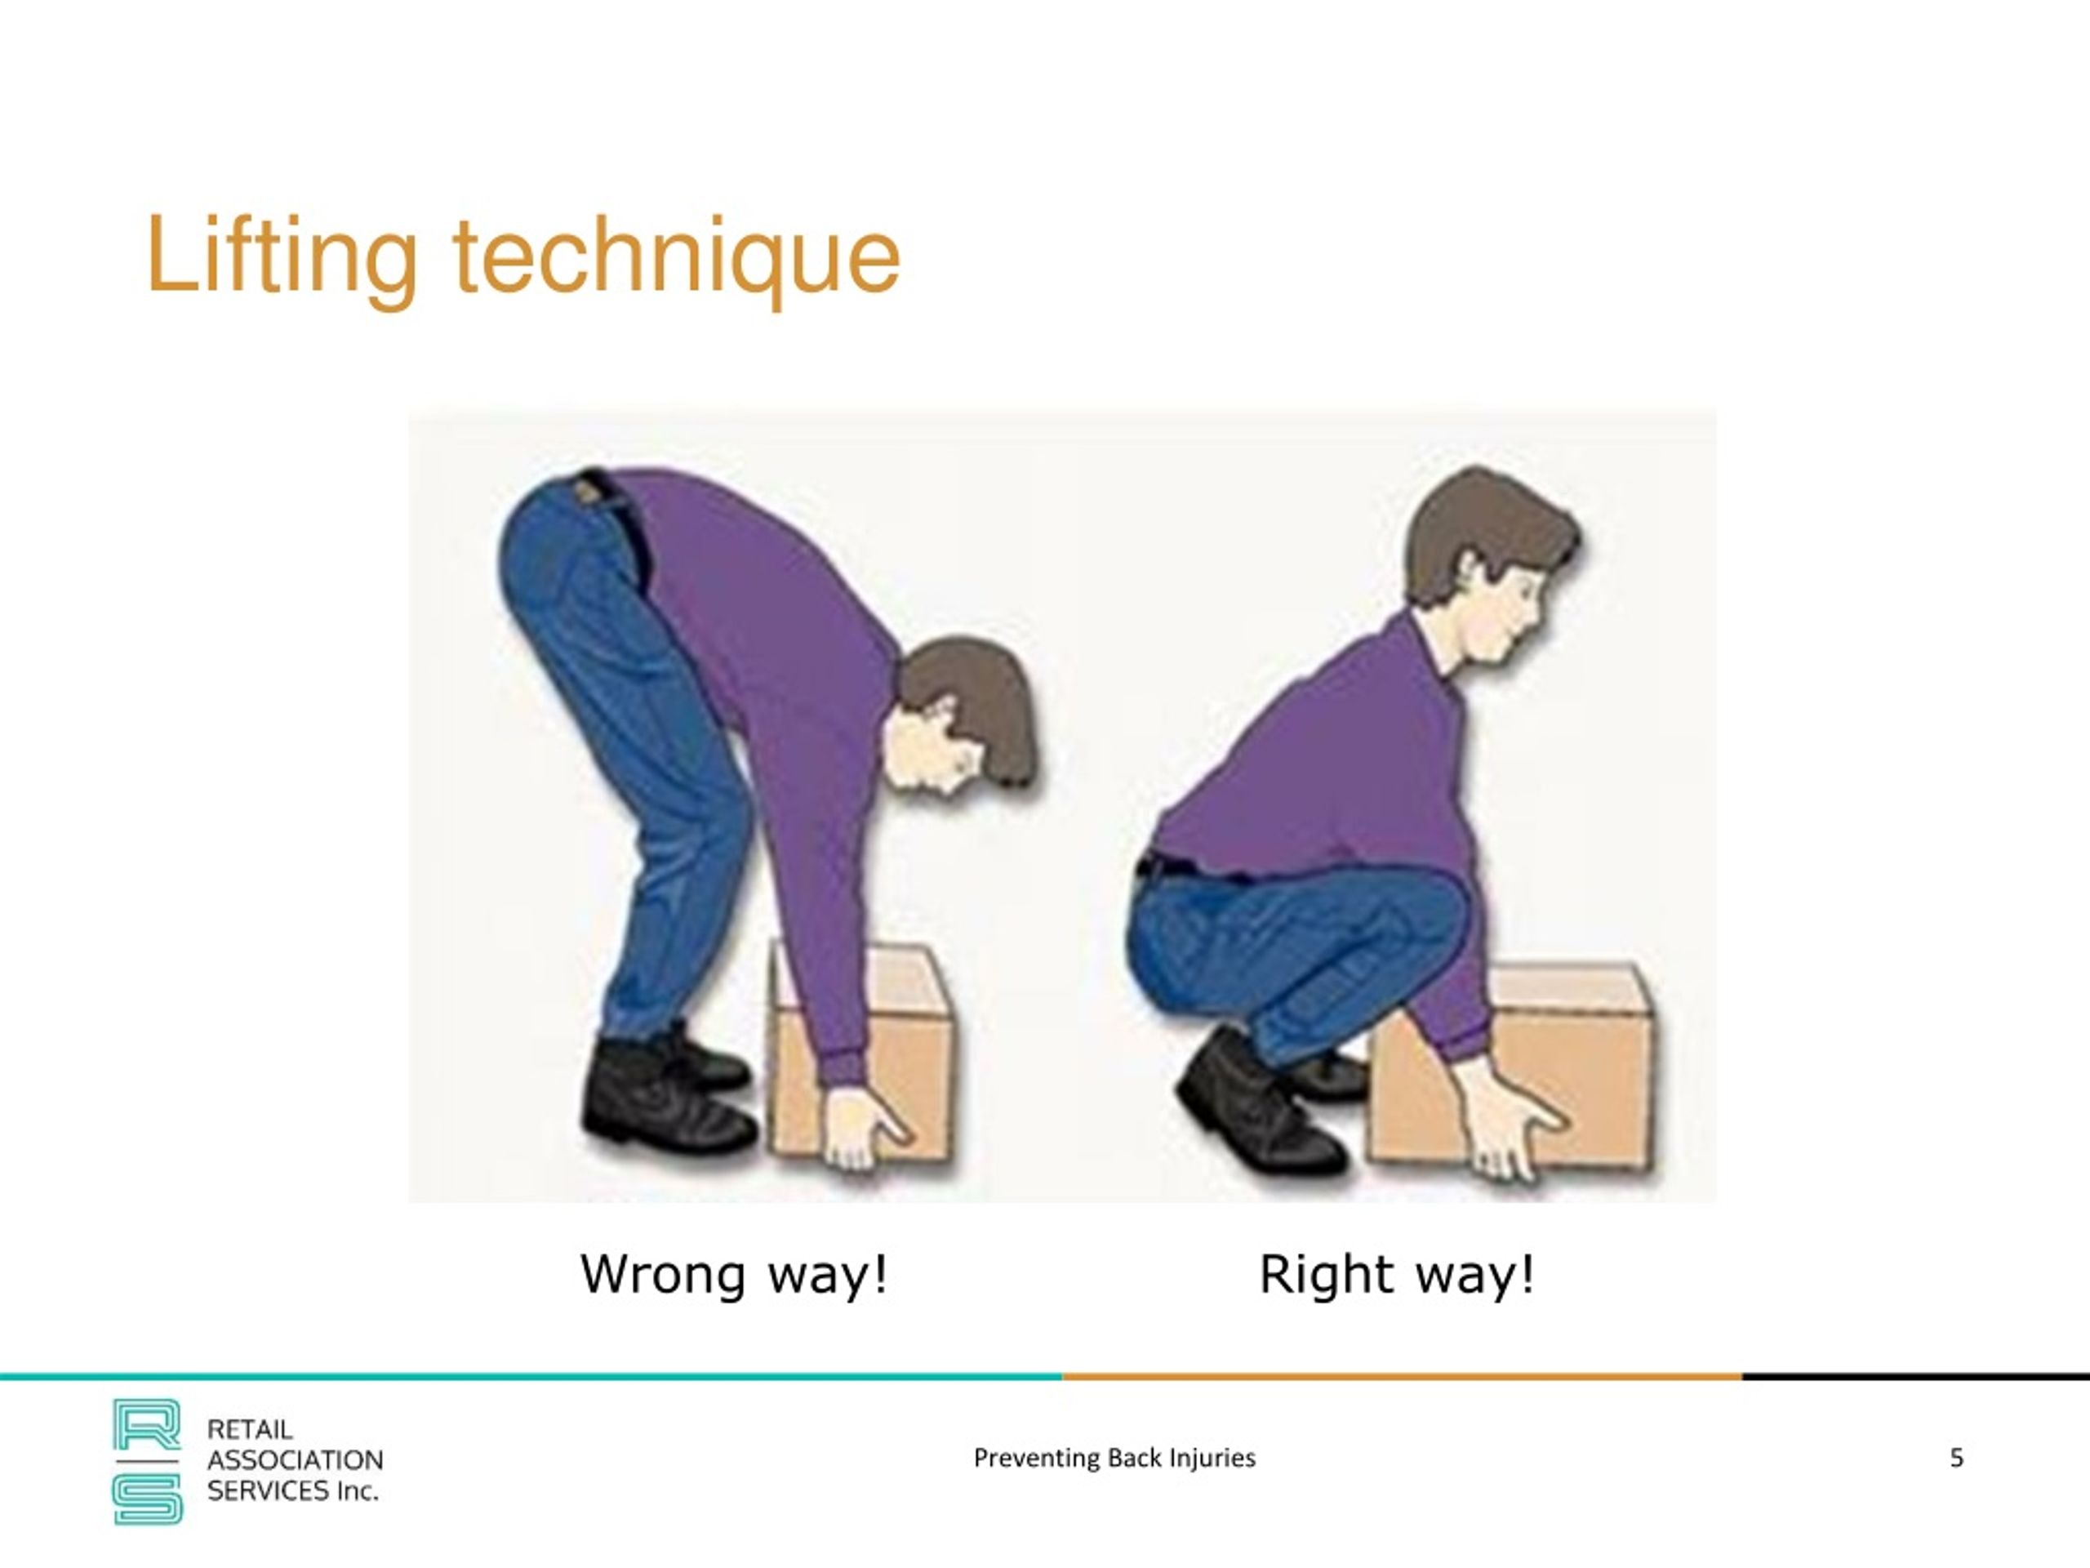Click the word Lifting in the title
pos(281,257)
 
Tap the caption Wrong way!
pos(733,1274)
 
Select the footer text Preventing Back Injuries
pos(1114,1458)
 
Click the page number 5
pos(1956,1458)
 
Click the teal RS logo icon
pos(148,1461)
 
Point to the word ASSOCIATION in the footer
pos(295,1460)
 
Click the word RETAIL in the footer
pos(250,1429)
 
